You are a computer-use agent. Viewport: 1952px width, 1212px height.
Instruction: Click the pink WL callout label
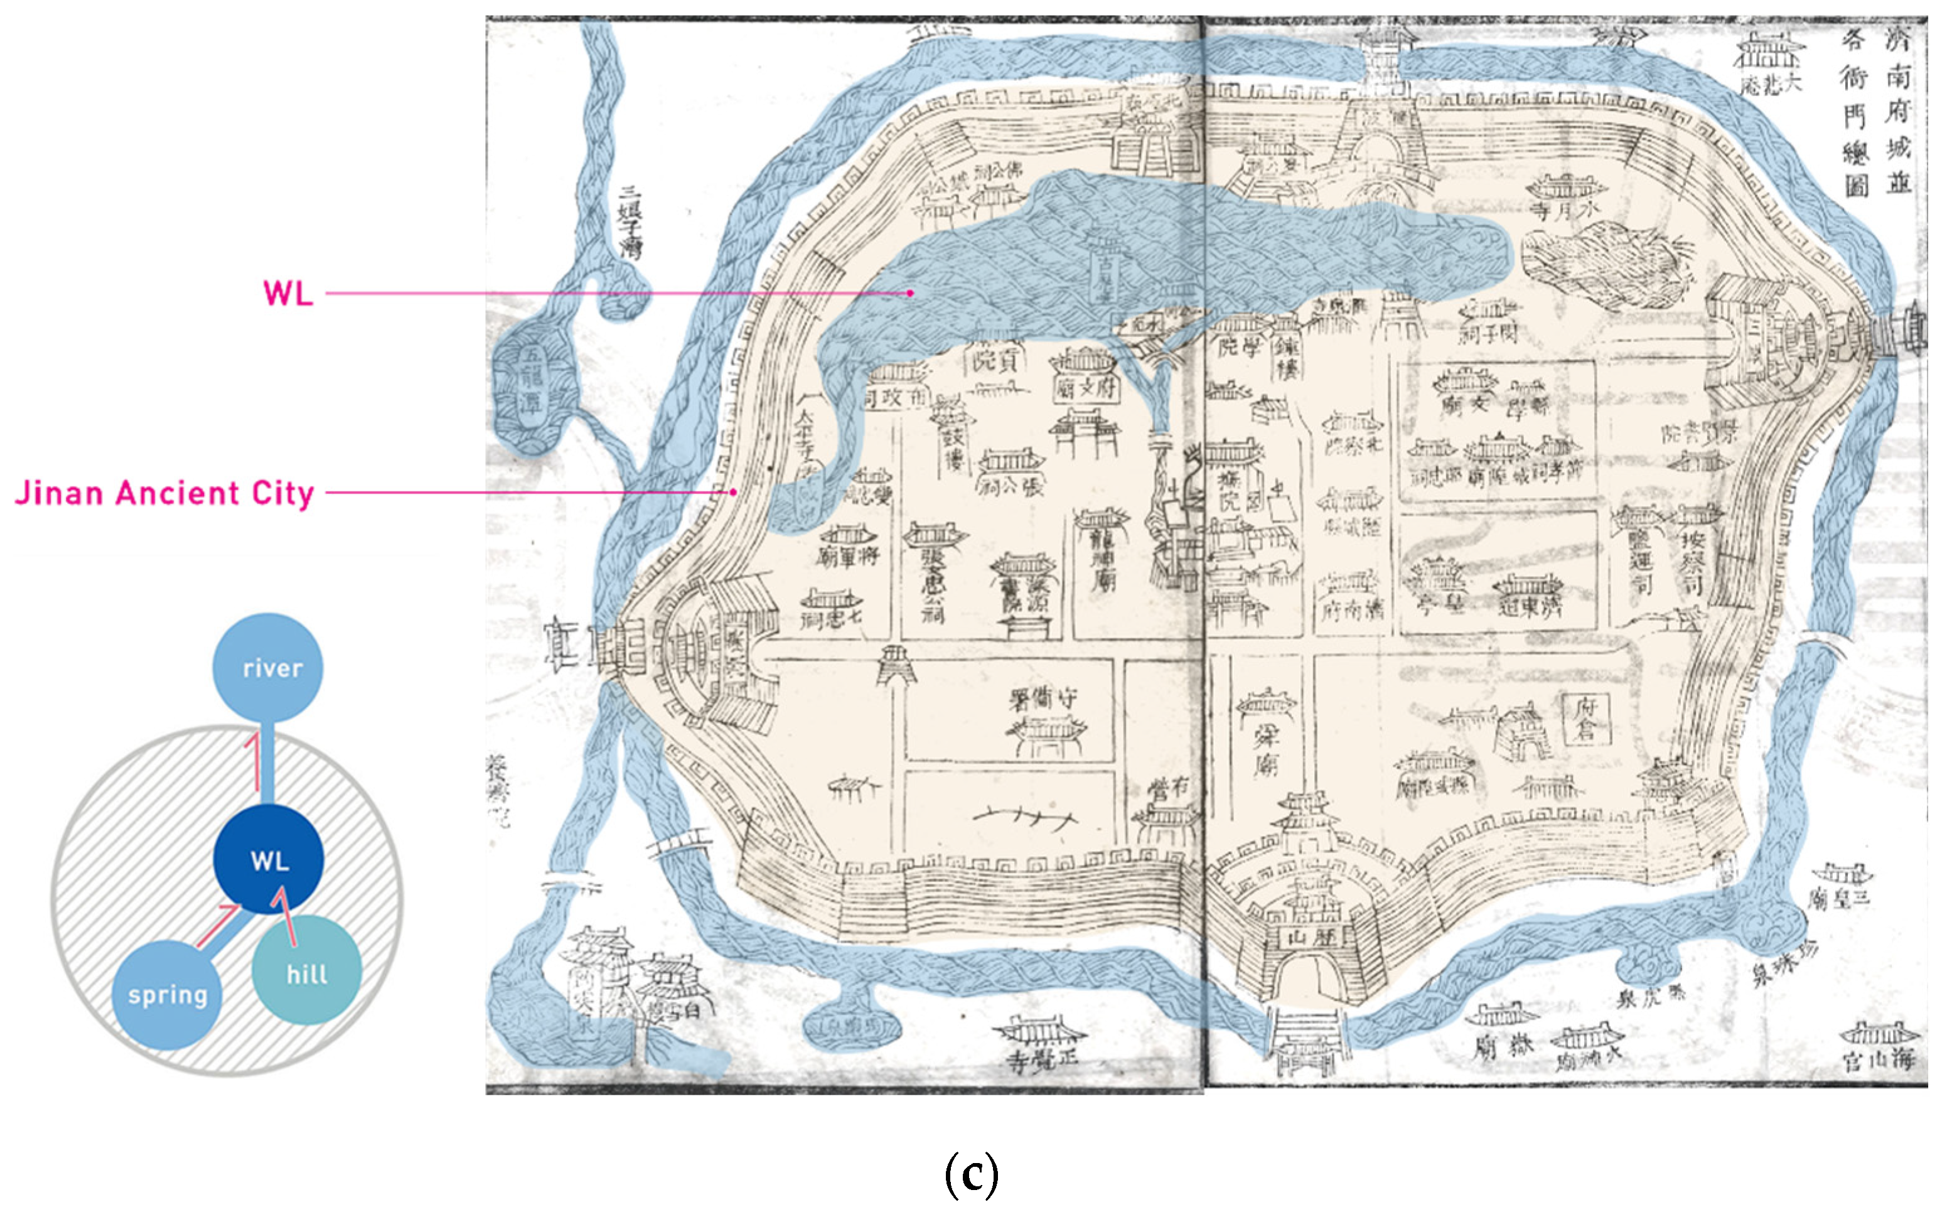click(x=288, y=293)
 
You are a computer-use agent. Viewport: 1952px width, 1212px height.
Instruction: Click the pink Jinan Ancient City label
click(x=164, y=493)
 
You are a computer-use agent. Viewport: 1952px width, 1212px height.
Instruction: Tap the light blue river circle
click(x=268, y=668)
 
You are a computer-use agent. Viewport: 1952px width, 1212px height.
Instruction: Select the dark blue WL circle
click(x=269, y=861)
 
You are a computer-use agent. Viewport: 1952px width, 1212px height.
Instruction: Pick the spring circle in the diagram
click(x=168, y=995)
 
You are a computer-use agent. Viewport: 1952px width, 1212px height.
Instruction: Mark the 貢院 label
click(x=995, y=361)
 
